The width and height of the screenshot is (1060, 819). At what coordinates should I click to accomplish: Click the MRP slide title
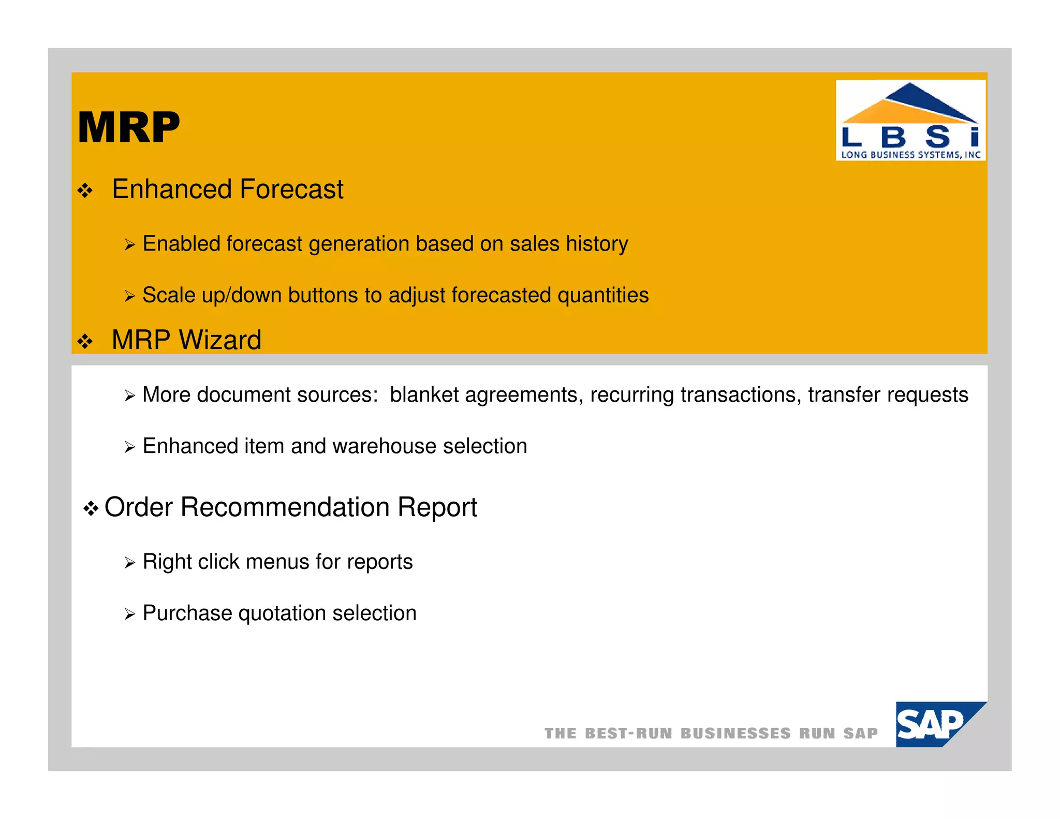(128, 127)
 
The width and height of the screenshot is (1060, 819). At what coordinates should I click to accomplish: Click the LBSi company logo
(910, 120)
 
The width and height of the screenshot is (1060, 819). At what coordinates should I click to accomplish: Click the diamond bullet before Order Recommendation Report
(91, 508)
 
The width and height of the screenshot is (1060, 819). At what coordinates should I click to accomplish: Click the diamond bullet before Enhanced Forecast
(85, 191)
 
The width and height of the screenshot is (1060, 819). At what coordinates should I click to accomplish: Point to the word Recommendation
(285, 507)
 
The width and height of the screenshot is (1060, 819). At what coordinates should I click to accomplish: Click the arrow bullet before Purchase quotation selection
(129, 615)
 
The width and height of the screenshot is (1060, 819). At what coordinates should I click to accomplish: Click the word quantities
(602, 295)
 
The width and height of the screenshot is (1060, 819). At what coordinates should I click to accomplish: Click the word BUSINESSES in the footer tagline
(735, 734)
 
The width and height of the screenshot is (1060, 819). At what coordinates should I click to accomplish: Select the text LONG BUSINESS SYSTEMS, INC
(910, 154)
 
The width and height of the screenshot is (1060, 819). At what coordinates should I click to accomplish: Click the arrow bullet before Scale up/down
(129, 296)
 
